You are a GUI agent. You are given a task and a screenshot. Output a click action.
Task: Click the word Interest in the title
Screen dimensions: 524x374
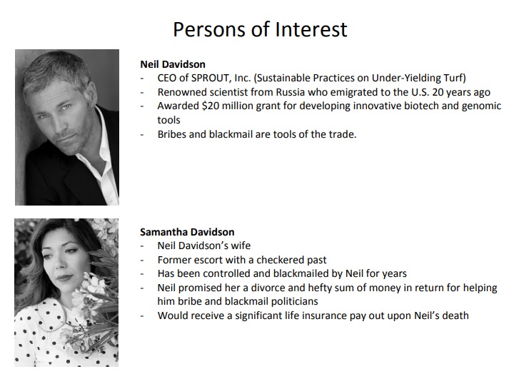[311, 29]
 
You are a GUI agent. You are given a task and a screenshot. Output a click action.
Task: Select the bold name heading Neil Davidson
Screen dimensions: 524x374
[173, 64]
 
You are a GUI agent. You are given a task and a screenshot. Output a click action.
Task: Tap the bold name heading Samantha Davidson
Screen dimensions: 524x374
[187, 232]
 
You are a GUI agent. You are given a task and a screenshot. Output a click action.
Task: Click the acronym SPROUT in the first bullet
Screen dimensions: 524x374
[210, 78]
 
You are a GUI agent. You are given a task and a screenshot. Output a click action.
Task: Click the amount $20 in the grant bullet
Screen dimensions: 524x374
[211, 106]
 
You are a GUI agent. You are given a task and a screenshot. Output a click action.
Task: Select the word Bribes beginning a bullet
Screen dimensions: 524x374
[172, 134]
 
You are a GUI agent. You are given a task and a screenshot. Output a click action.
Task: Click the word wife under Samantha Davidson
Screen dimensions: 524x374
[242, 246]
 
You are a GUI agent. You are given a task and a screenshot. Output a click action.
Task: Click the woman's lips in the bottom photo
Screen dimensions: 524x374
[64, 278]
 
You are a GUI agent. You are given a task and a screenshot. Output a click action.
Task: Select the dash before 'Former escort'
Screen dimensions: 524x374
[142, 261]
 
